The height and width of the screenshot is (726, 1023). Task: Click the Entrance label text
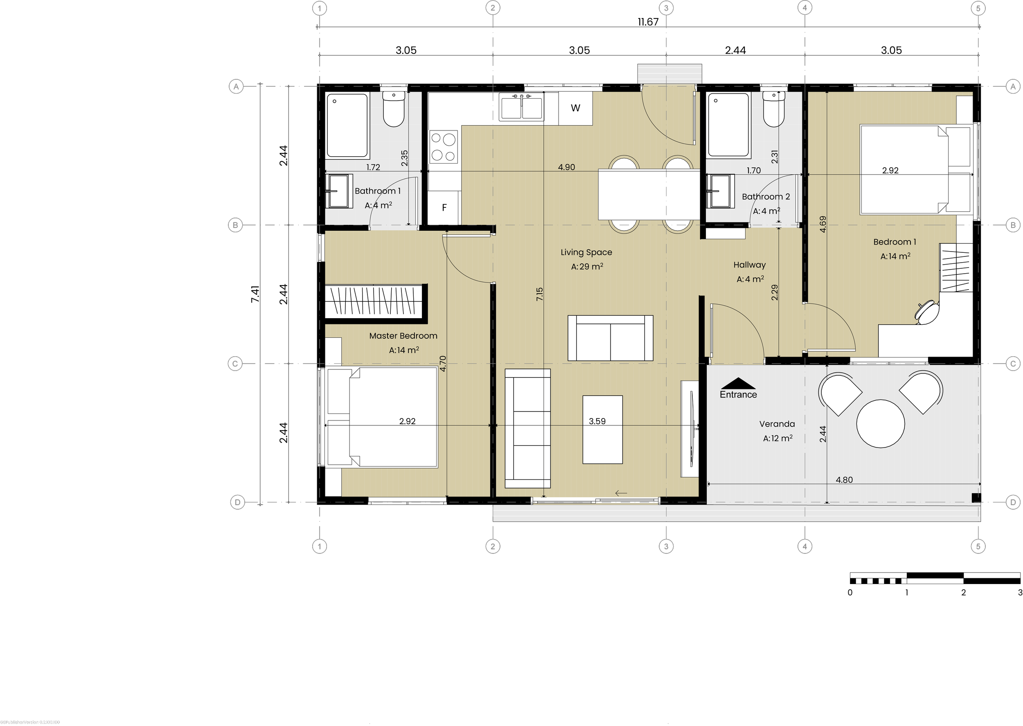click(738, 394)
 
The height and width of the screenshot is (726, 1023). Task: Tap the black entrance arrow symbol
click(738, 383)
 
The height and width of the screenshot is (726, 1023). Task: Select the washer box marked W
click(575, 108)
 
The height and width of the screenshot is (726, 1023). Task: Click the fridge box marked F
click(444, 207)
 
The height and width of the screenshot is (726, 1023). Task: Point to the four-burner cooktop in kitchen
click(444, 146)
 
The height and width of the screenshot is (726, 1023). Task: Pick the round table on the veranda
click(880, 423)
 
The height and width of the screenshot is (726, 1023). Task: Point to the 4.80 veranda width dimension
click(844, 480)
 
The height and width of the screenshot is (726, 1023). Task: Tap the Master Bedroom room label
click(403, 336)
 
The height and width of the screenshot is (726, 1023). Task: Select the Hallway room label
click(749, 265)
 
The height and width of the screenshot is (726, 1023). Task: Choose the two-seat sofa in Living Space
click(610, 338)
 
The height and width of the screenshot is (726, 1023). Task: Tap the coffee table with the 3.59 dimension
click(602, 429)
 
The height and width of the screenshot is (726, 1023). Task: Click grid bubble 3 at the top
click(666, 8)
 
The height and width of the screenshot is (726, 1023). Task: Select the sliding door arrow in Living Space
click(621, 493)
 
